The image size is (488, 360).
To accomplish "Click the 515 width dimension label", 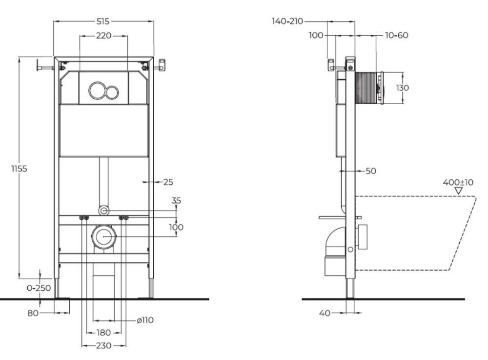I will pyautogui.click(x=103, y=21).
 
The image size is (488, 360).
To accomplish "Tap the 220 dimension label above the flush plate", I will pyautogui.click(x=103, y=36).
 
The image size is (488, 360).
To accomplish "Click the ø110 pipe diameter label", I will pyautogui.click(x=145, y=320).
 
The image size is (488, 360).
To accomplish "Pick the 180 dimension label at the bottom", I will pyautogui.click(x=103, y=333).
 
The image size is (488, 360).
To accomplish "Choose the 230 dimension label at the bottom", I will pyautogui.click(x=103, y=345).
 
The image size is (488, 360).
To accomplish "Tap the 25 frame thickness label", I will pyautogui.click(x=168, y=182).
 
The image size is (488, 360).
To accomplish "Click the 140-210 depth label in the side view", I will pyautogui.click(x=288, y=21).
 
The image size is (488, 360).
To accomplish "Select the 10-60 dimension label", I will pyautogui.click(x=396, y=35).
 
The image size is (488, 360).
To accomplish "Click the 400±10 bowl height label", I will pyautogui.click(x=458, y=182).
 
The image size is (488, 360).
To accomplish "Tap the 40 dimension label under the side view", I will pyautogui.click(x=325, y=313).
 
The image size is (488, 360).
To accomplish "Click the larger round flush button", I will pyautogui.click(x=97, y=90).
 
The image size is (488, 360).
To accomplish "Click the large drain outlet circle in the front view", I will pyautogui.click(x=103, y=236).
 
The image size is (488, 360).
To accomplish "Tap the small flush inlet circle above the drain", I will pyautogui.click(x=103, y=211).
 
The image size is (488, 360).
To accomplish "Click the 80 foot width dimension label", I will pyautogui.click(x=33, y=313).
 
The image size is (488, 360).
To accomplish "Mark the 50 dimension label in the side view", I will pyautogui.click(x=370, y=171).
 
